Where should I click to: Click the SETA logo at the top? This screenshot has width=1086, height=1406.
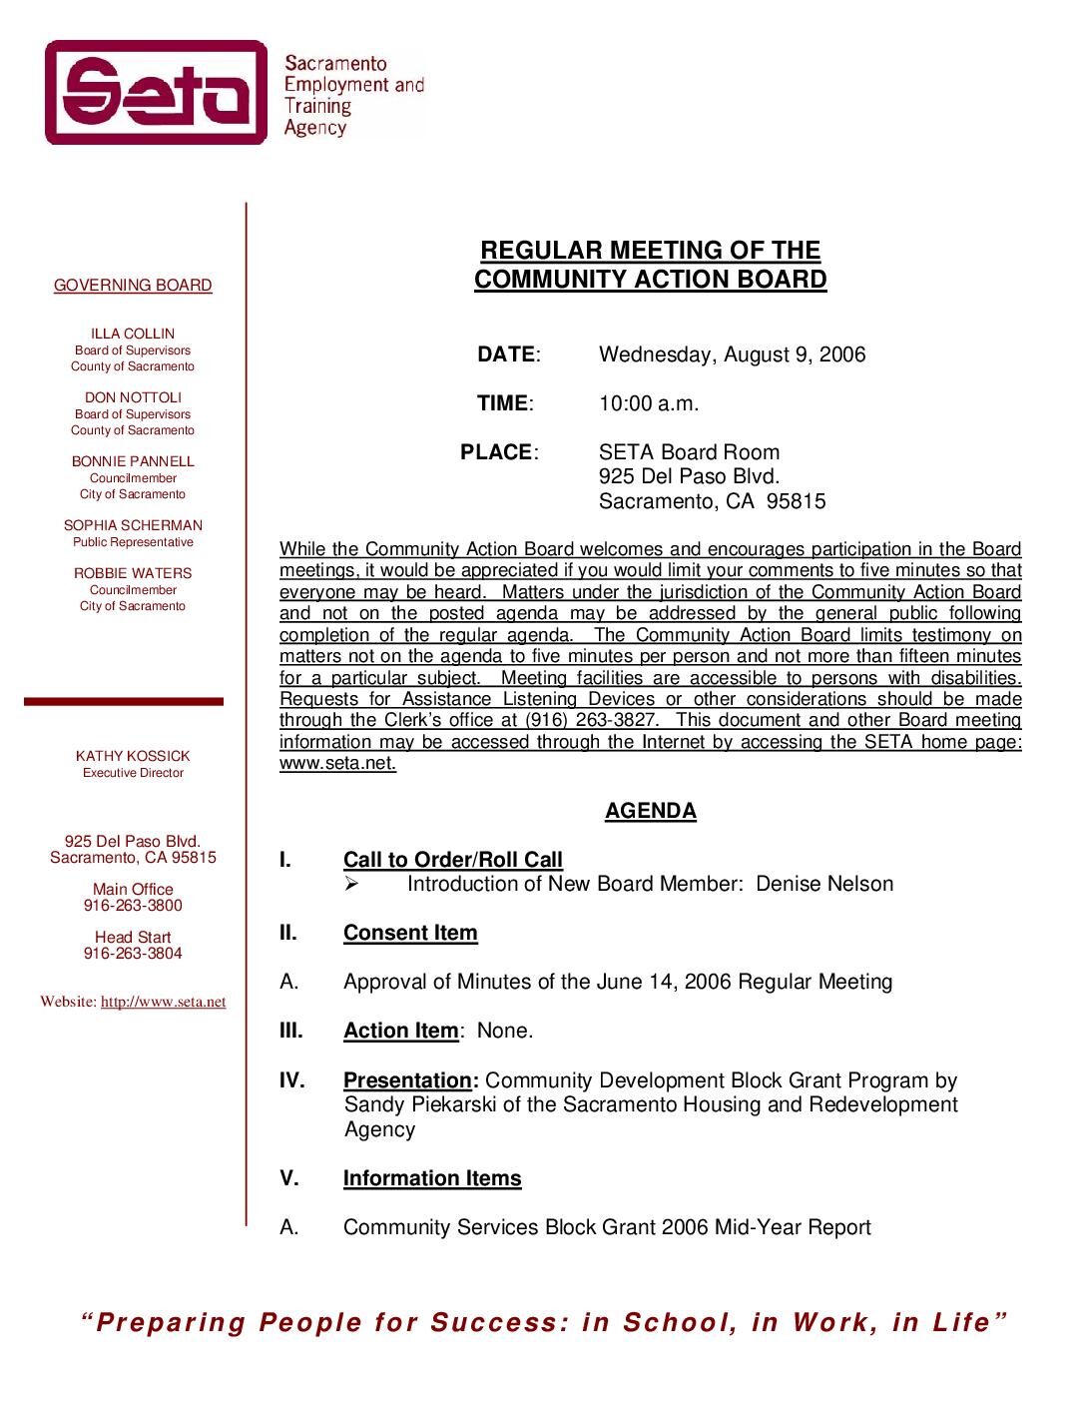click(157, 93)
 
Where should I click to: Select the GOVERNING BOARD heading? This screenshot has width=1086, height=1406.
click(133, 286)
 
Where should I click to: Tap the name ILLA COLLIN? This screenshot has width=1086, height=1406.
click(133, 334)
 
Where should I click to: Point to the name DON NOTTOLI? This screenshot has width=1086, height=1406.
click(133, 397)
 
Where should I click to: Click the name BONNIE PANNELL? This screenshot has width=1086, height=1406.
click(133, 461)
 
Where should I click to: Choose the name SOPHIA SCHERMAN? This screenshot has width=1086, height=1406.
click(133, 525)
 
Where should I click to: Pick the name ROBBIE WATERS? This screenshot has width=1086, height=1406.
click(133, 573)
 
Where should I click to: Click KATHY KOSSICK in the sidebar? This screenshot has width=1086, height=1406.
click(133, 756)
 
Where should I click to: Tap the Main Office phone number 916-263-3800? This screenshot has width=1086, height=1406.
click(133, 906)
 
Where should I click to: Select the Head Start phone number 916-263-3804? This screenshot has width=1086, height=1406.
click(133, 954)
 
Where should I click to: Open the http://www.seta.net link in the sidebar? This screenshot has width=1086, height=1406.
click(163, 1002)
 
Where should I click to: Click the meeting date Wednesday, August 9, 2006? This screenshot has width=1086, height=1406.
click(732, 354)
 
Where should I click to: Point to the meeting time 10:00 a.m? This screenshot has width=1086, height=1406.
click(649, 403)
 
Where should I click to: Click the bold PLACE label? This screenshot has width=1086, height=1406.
click(496, 452)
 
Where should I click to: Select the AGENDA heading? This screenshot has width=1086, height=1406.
click(650, 811)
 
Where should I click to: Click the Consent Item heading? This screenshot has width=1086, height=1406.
click(410, 933)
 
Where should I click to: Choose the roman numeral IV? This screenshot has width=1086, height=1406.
click(291, 1080)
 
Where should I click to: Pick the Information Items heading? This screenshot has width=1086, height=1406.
click(432, 1178)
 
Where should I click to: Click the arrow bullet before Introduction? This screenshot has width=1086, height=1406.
click(351, 884)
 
